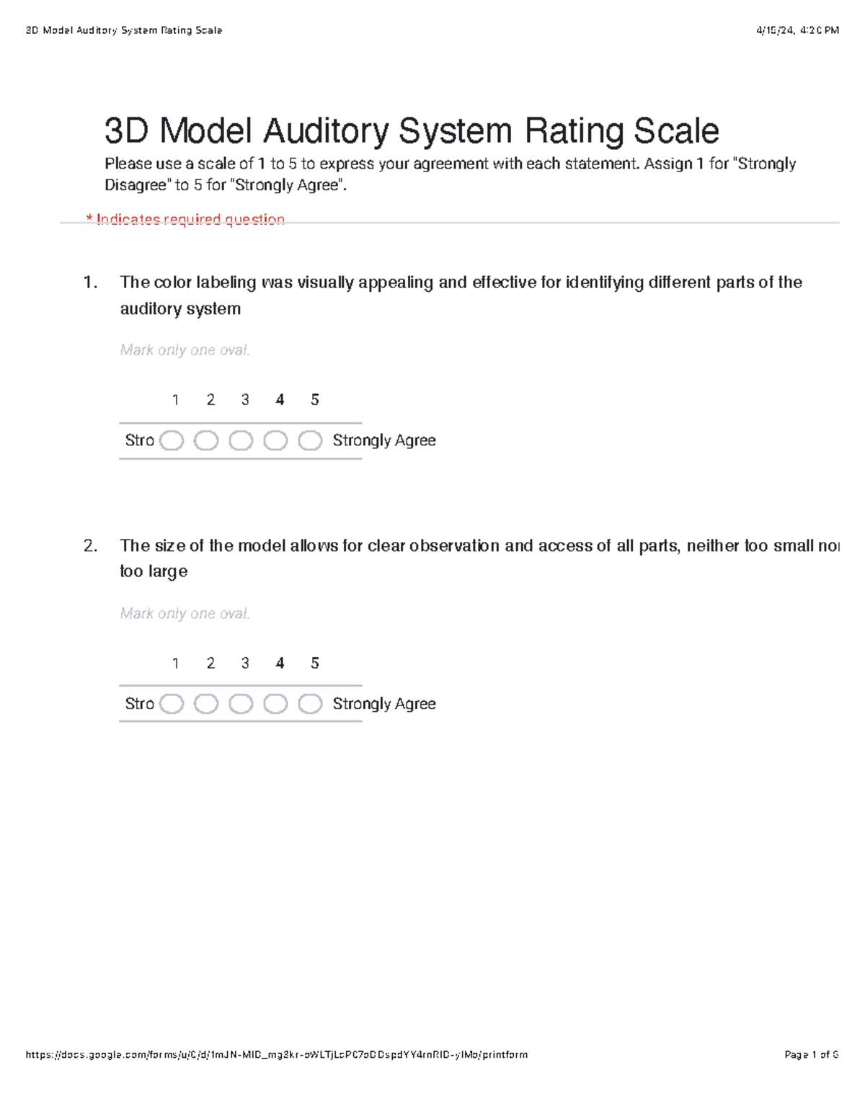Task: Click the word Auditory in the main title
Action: tap(327, 132)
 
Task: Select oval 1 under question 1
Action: tap(172, 440)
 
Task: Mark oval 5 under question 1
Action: tap(310, 440)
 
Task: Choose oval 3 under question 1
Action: tap(241, 440)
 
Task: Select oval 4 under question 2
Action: tap(275, 704)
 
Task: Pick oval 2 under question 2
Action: tap(206, 704)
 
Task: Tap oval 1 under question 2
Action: tap(172, 704)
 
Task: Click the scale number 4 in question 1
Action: tap(280, 400)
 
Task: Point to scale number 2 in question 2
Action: tap(210, 664)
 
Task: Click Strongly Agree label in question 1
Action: tap(383, 440)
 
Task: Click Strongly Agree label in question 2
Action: tap(383, 704)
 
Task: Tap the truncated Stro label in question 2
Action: tap(139, 704)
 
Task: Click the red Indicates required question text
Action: tap(186, 219)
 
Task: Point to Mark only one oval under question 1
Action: tap(185, 350)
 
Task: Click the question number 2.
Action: tap(90, 546)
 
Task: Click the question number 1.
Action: tap(90, 282)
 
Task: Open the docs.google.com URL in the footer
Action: tap(276, 1055)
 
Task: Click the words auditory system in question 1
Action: tap(180, 309)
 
